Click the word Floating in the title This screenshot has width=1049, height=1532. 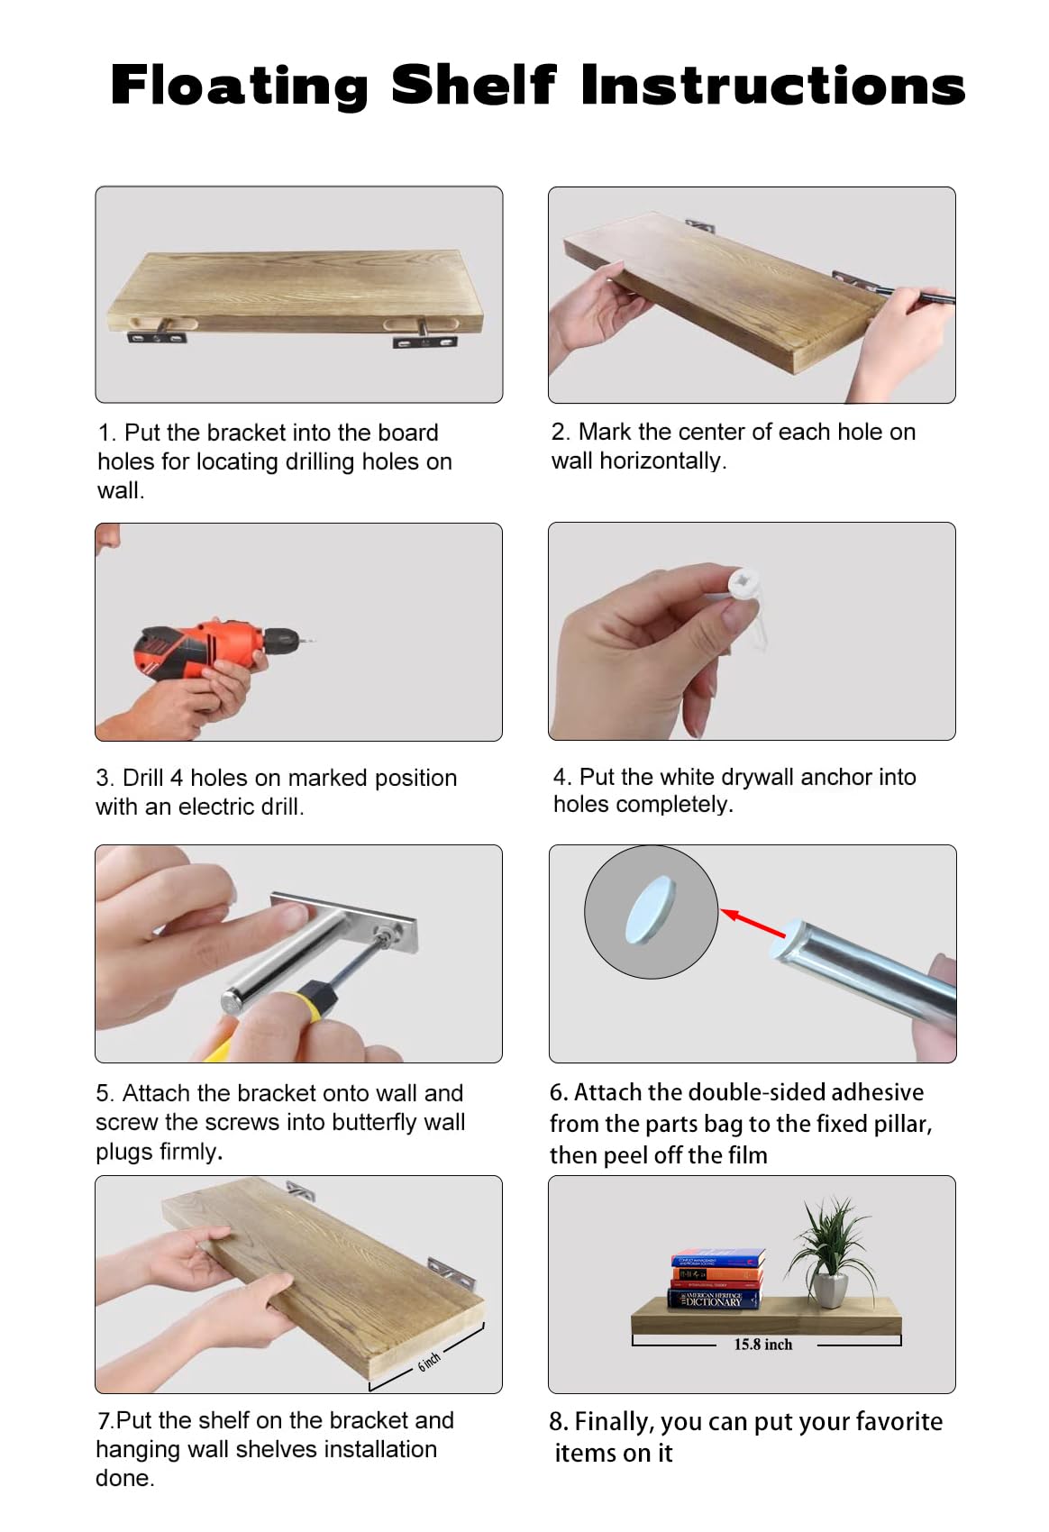point(240,86)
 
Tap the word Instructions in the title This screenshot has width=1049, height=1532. point(773,85)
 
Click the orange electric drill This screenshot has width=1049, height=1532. point(212,650)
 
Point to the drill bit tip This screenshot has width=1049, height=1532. point(315,641)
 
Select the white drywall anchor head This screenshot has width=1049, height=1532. point(743,583)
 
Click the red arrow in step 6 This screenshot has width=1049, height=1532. point(753,924)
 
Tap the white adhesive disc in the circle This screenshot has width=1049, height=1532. point(651,909)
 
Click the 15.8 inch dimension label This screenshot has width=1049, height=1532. point(762,1345)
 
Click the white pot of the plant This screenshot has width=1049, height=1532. point(831,1290)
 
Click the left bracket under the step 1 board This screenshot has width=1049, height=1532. point(158,334)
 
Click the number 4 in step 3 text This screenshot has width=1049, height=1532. point(177,778)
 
